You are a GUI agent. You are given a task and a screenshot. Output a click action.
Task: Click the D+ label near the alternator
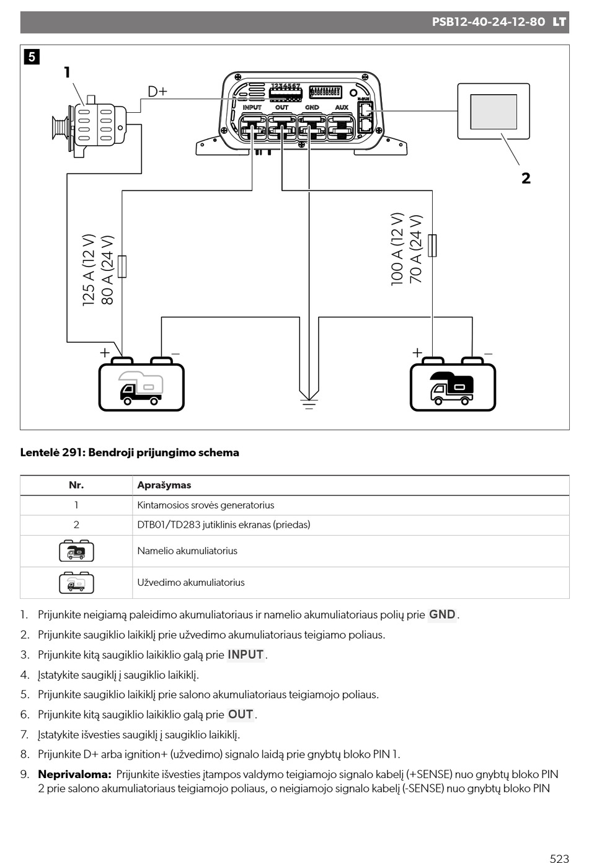click(157, 92)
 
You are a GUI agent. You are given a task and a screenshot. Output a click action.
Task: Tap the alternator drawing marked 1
click(89, 126)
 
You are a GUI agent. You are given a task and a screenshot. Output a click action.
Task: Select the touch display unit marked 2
click(494, 112)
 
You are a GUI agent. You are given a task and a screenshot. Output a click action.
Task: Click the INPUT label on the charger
click(252, 107)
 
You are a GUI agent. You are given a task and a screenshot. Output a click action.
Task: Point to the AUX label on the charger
click(342, 107)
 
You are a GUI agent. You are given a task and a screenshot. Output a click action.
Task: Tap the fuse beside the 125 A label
click(122, 267)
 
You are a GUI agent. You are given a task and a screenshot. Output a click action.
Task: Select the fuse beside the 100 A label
click(432, 246)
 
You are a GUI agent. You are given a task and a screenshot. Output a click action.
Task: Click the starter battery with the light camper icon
click(141, 384)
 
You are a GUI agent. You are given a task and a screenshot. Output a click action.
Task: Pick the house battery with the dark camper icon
click(453, 384)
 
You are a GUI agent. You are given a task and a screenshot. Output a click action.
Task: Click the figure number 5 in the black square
click(32, 57)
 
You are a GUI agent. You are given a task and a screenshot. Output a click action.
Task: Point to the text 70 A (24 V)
click(416, 249)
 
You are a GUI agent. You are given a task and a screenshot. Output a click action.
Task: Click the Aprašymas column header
click(164, 485)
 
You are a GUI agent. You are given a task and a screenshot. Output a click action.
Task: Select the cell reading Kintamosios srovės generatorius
click(206, 505)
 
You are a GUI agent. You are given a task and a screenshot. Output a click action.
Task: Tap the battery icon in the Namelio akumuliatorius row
click(76, 551)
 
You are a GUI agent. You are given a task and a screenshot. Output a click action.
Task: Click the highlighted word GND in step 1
click(442, 614)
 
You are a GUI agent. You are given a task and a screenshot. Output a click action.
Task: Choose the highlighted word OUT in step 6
click(241, 715)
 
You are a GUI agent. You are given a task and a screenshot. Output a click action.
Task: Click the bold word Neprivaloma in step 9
click(75, 774)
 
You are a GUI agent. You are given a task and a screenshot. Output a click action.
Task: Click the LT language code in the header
click(559, 22)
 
